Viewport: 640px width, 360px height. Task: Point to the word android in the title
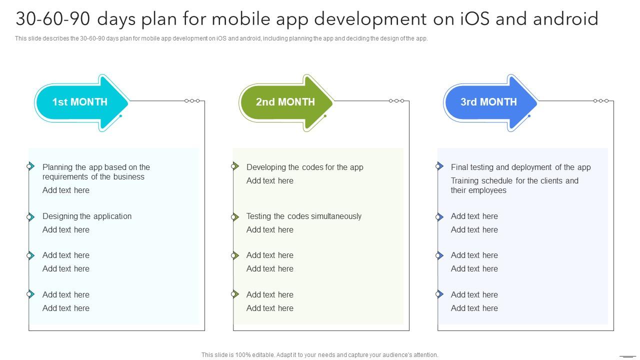click(565, 19)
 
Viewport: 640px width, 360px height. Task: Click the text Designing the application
click(87, 216)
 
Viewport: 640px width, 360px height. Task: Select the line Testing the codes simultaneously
click(303, 216)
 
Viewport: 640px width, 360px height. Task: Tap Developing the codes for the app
click(304, 167)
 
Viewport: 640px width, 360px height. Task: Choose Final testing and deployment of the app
click(520, 167)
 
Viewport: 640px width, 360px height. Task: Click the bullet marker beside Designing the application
click(30, 217)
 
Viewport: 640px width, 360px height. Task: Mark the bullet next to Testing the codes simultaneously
click(234, 217)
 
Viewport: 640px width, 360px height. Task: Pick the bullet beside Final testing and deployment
click(439, 166)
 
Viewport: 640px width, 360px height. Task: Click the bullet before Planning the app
click(30, 166)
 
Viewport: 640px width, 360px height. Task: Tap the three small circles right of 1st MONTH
click(192, 101)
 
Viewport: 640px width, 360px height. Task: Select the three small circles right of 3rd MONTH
click(601, 101)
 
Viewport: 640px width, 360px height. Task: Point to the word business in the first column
click(128, 176)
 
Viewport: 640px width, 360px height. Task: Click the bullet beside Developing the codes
click(234, 166)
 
